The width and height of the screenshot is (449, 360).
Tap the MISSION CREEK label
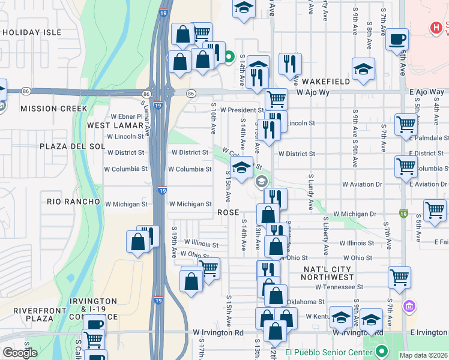[x=54, y=109]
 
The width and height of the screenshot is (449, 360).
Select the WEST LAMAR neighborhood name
[x=115, y=125]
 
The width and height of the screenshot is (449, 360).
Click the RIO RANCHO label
[x=73, y=202]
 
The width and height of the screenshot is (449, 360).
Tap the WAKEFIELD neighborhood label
[x=325, y=81]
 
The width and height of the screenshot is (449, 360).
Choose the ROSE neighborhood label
[x=228, y=212]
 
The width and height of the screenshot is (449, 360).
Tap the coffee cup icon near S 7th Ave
[x=397, y=40]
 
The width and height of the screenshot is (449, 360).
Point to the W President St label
[x=241, y=110]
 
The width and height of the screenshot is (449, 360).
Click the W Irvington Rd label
[x=218, y=332]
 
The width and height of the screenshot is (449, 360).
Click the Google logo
[x=20, y=353]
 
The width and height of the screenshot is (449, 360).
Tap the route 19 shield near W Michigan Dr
[x=403, y=213]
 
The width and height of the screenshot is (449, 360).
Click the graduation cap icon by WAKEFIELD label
[x=363, y=70]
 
